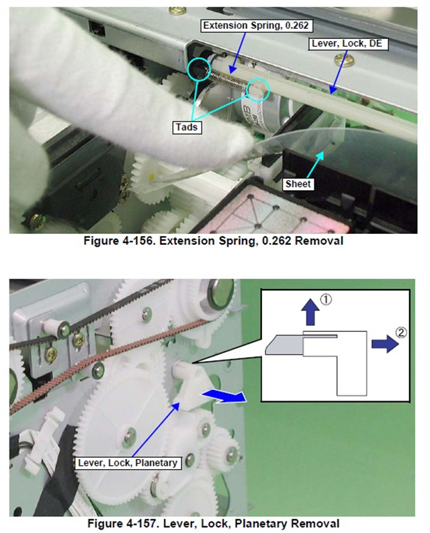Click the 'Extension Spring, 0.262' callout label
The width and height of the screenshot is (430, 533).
(x=256, y=26)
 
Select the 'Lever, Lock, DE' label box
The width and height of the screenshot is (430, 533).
(x=348, y=44)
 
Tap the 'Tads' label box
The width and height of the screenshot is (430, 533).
(x=187, y=127)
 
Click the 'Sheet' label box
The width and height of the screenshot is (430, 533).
(x=298, y=184)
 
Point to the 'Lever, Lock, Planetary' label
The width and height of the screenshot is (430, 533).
(x=128, y=463)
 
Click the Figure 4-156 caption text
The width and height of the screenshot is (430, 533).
(x=214, y=241)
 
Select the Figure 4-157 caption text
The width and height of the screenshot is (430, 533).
(x=214, y=523)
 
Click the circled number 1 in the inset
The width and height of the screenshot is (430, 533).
(x=326, y=300)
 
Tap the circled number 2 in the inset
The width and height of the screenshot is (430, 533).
(x=401, y=332)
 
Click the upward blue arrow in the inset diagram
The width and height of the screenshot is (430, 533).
(x=310, y=312)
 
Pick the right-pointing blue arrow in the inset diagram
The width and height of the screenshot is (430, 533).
(x=385, y=343)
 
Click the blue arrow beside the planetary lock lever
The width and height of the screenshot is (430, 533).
(x=223, y=396)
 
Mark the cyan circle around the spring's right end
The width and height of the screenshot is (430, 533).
(x=257, y=90)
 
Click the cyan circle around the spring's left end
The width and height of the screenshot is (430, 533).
(x=199, y=69)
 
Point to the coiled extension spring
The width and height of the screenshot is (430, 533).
(x=228, y=80)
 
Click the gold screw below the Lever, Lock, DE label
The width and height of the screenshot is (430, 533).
(x=343, y=60)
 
